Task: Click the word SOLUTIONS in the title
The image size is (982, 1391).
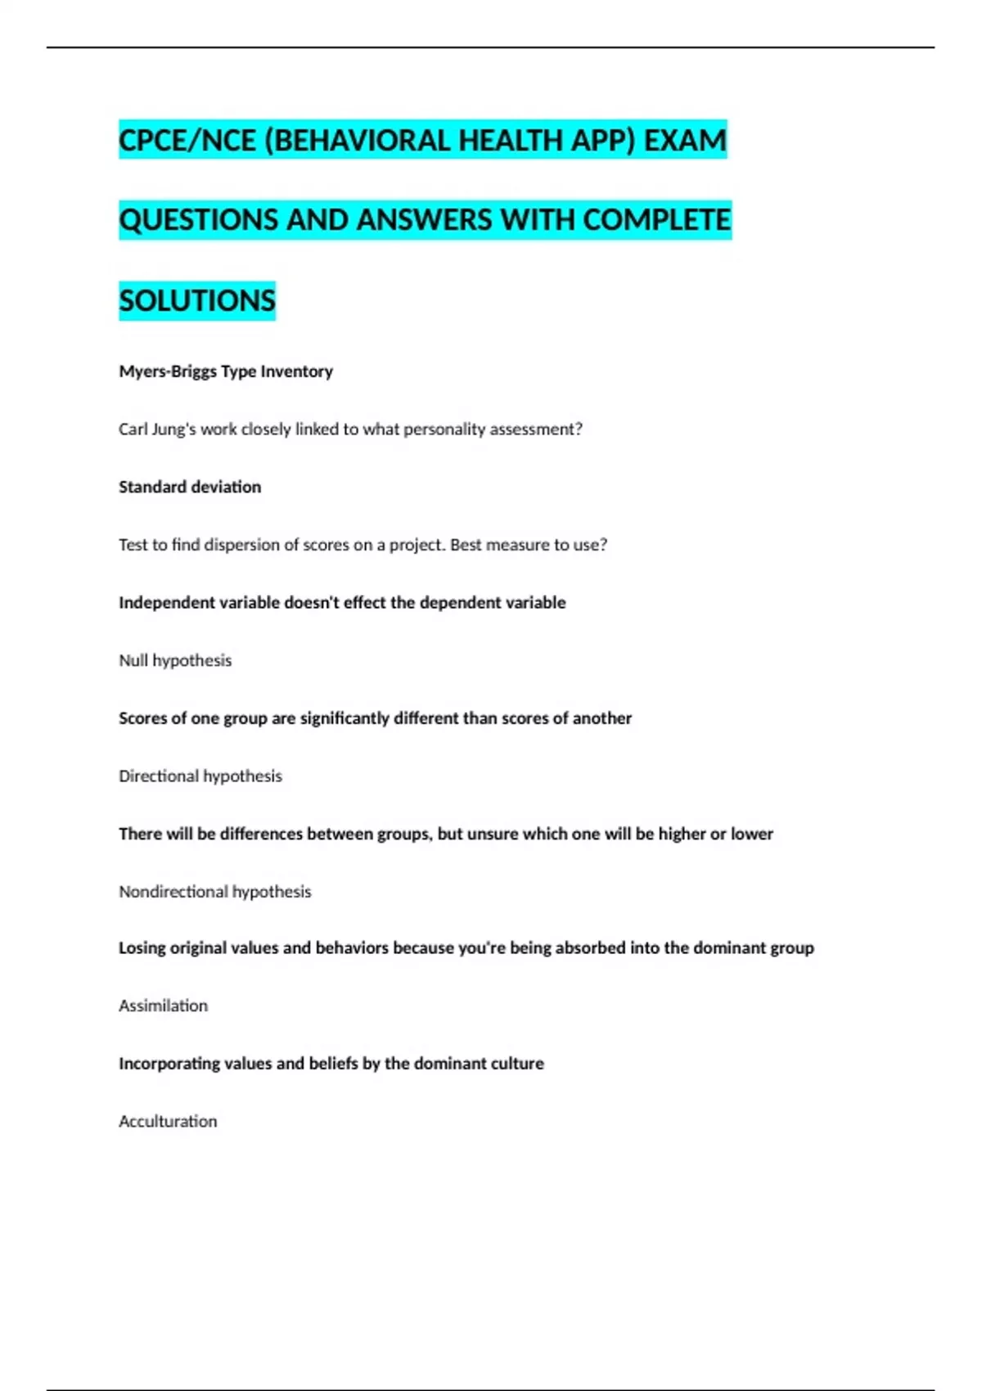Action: pos(197,300)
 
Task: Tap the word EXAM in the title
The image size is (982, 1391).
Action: pos(685,140)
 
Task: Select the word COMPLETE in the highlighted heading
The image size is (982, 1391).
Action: pos(657,220)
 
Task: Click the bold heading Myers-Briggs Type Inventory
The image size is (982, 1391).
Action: pos(226,371)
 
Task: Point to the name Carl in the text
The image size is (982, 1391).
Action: pos(133,430)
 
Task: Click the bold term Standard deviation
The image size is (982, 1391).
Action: pos(190,487)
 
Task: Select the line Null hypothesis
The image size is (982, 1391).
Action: pos(175,660)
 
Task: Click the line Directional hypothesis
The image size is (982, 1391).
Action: pos(200,776)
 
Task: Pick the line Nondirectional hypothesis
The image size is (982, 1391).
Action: pos(215,891)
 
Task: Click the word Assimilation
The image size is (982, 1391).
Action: pos(163,1006)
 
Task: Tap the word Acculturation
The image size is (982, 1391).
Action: pos(168,1121)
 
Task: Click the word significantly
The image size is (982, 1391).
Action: pos(345,718)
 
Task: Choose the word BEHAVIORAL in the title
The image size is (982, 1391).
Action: pos(357,140)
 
